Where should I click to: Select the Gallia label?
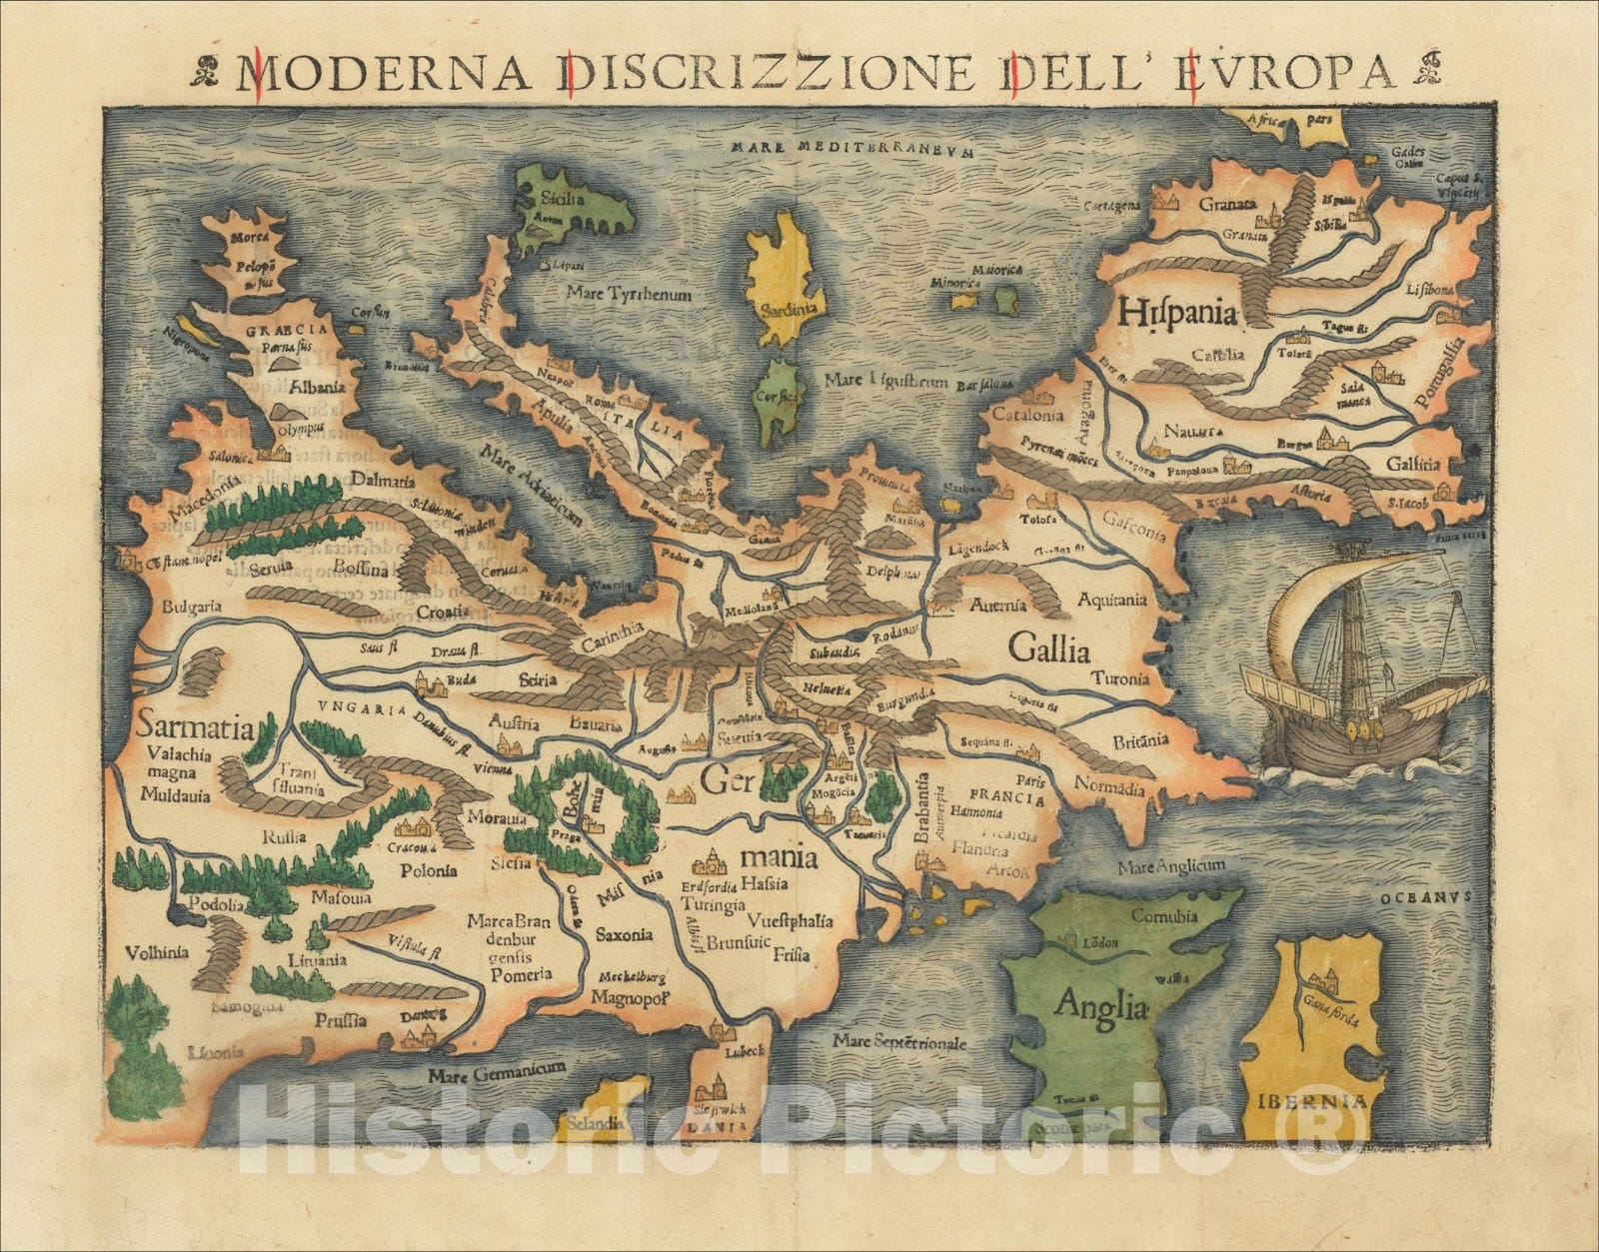(x=1048, y=650)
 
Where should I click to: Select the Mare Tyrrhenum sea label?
(x=628, y=295)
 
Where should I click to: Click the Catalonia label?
(x=1026, y=414)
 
